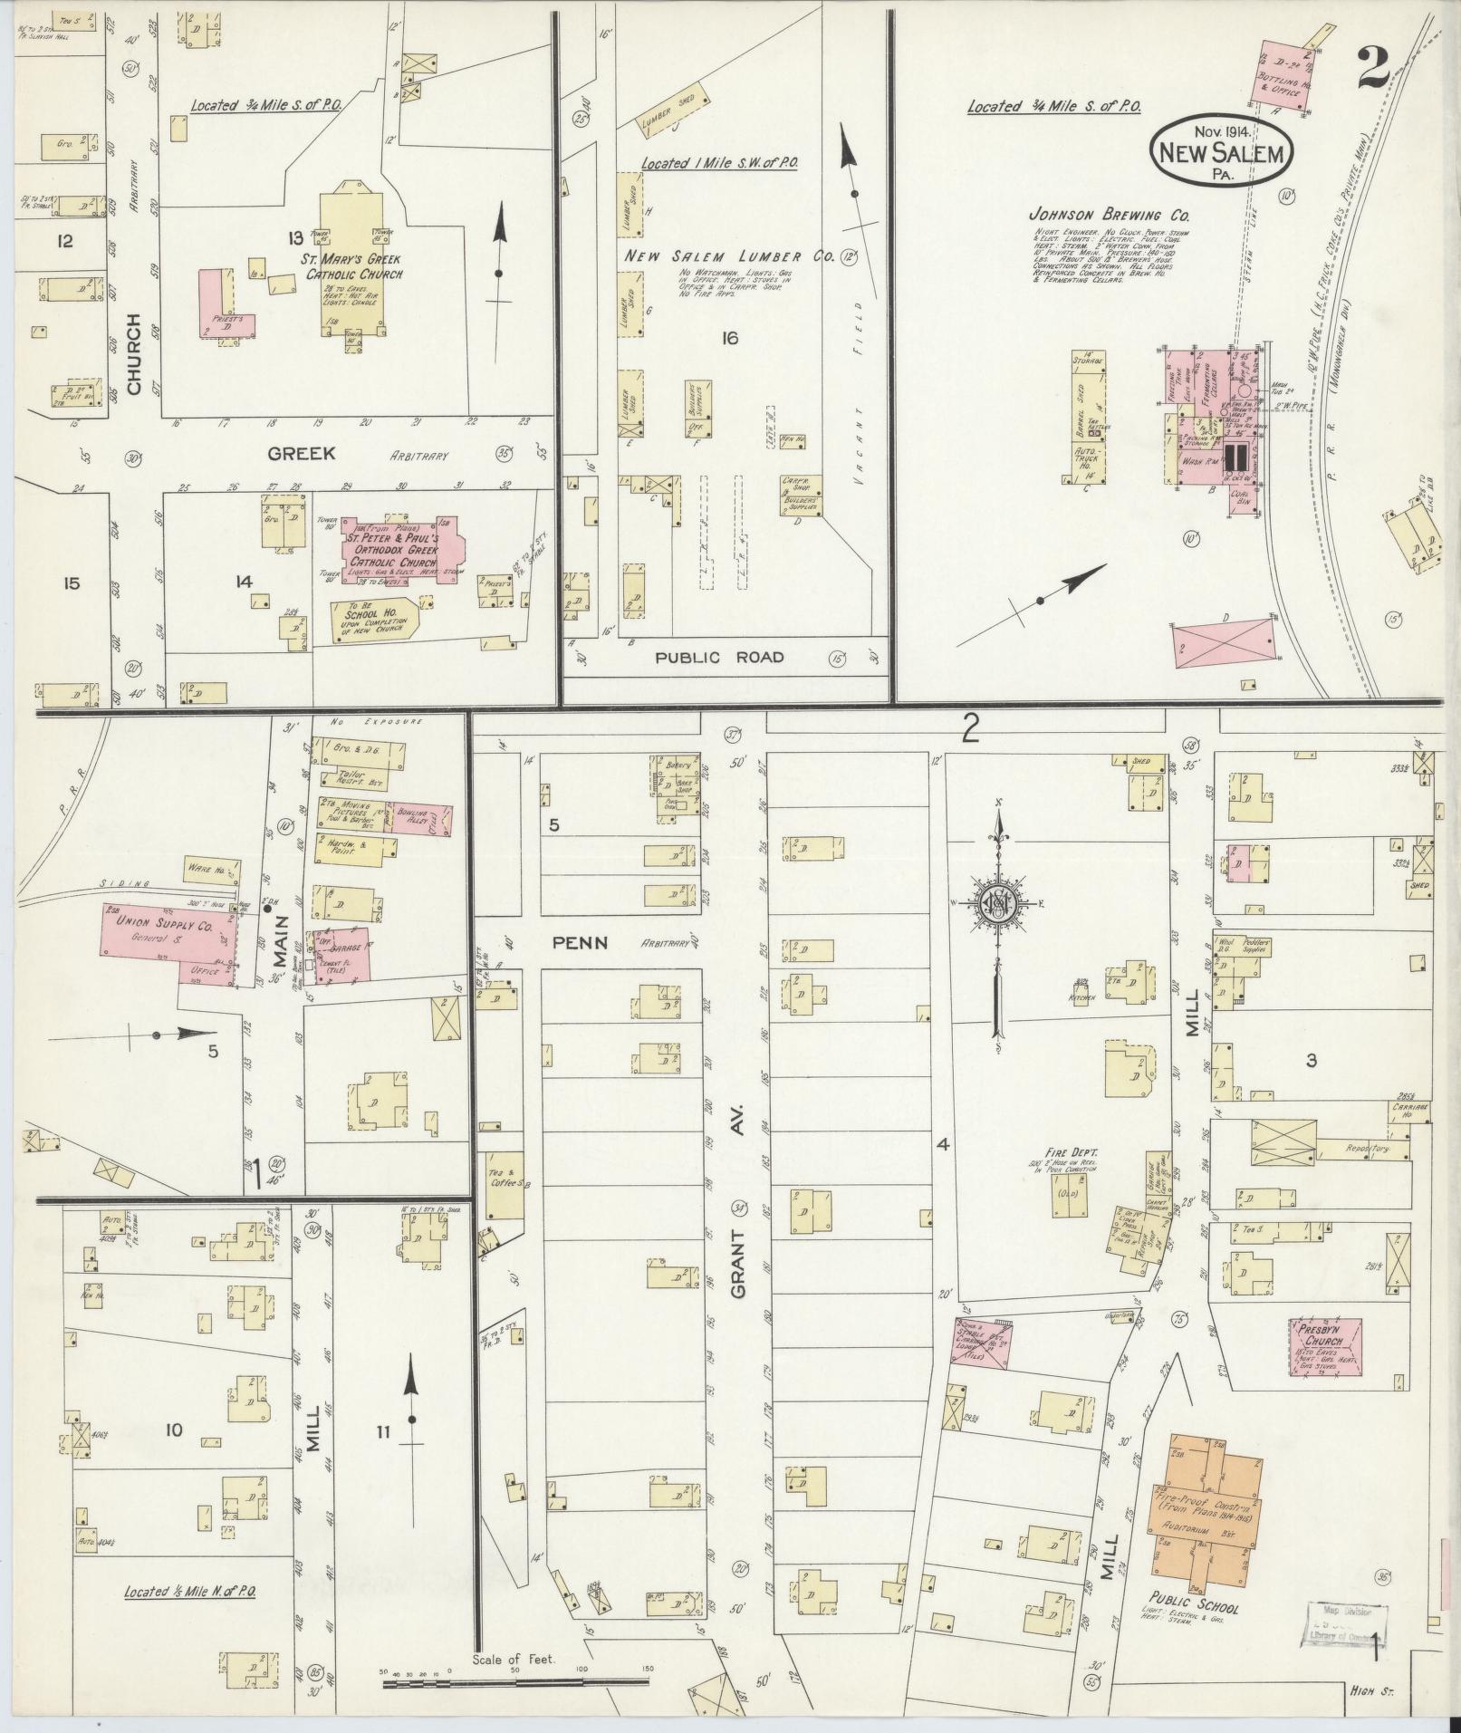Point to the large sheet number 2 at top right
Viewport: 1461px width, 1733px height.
(x=1379, y=65)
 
